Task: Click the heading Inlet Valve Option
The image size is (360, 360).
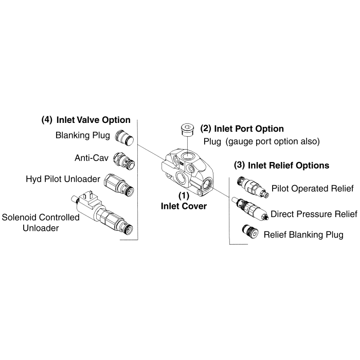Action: tap(85, 120)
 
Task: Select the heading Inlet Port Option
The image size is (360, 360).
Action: tap(242, 128)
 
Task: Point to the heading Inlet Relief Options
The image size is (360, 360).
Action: tap(281, 166)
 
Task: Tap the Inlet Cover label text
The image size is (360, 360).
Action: tap(184, 207)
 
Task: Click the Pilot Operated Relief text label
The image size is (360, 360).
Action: tap(312, 189)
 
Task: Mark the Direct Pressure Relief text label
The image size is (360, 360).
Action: tap(313, 213)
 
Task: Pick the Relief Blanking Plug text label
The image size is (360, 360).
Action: tap(303, 236)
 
